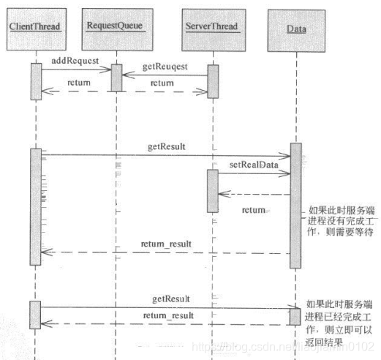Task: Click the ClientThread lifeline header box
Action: click(34, 27)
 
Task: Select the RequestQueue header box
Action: click(116, 26)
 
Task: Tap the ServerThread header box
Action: click(213, 27)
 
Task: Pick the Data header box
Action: click(295, 27)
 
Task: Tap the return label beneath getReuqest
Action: click(162, 83)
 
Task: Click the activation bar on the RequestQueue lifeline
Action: click(116, 78)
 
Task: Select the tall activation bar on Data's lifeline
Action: click(295, 205)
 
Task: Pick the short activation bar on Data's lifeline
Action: click(295, 315)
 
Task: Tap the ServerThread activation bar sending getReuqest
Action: click(213, 81)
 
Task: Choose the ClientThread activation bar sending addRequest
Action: click(34, 81)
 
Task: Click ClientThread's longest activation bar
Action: click(34, 206)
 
